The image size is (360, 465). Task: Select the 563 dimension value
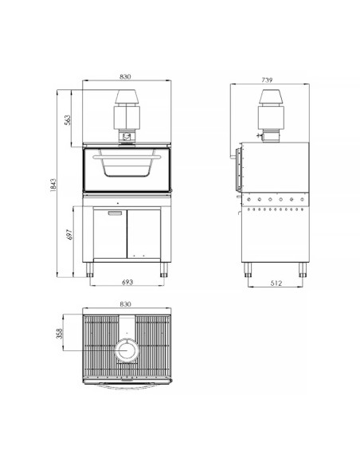[68, 119]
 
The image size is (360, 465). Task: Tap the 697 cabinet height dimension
[68, 236]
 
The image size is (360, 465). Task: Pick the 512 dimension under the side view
[275, 283]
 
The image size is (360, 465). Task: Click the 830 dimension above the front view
[126, 77]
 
